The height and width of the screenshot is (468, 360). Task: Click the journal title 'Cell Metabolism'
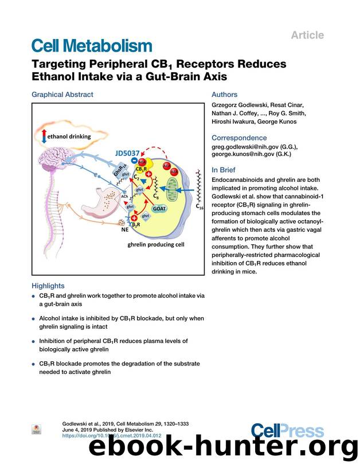click(x=91, y=46)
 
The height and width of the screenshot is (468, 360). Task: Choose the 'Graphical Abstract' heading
click(x=62, y=95)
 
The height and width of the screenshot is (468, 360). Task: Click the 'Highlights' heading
click(x=48, y=286)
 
